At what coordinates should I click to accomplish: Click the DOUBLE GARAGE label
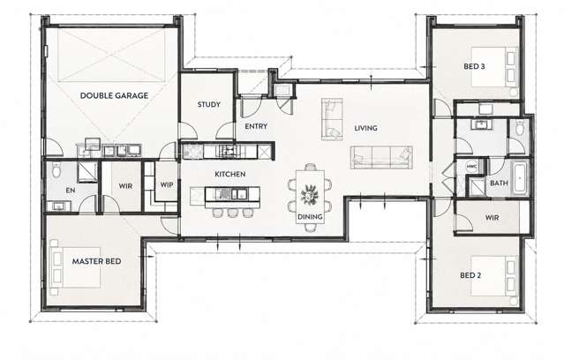(114, 95)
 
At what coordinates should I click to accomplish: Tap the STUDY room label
(208, 105)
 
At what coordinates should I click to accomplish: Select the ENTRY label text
(256, 126)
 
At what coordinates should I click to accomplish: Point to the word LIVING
(365, 128)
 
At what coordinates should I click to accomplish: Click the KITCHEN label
(229, 174)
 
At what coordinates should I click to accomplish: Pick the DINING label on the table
(310, 217)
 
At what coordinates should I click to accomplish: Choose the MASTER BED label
(96, 261)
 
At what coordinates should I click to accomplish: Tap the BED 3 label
(474, 66)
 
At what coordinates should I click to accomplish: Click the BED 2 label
(470, 275)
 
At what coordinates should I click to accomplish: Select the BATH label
(499, 183)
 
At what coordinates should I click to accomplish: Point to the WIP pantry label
(167, 185)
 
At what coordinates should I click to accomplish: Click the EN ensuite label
(71, 191)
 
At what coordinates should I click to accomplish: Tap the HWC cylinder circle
(470, 167)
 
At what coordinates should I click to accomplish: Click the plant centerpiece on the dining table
(309, 194)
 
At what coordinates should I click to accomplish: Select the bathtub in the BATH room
(520, 178)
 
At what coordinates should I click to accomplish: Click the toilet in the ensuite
(56, 169)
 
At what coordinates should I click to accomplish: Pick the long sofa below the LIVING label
(381, 158)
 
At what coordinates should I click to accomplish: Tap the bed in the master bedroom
(75, 267)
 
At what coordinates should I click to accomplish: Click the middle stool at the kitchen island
(231, 213)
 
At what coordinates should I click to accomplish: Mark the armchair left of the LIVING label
(332, 119)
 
